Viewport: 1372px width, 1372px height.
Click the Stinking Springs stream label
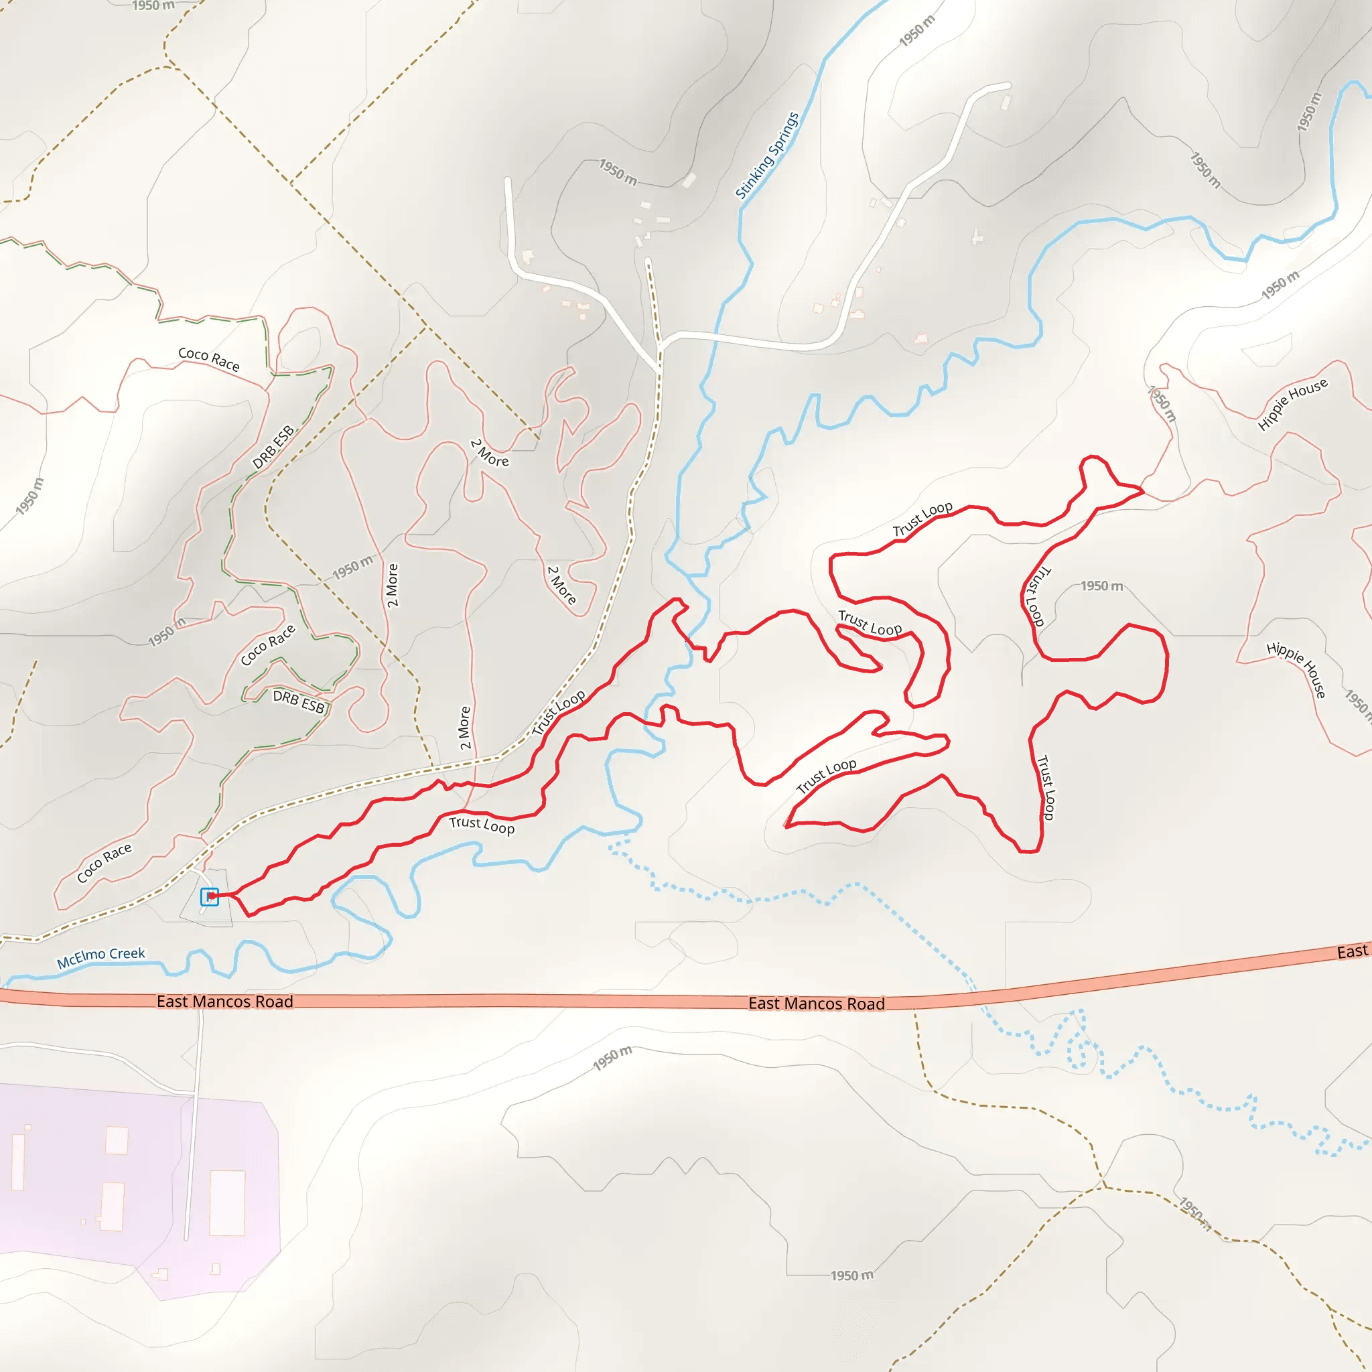point(767,155)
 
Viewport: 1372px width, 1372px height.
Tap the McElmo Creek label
point(101,957)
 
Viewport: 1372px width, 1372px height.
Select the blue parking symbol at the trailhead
point(209,897)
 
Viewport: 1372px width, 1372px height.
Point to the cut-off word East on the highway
point(1351,951)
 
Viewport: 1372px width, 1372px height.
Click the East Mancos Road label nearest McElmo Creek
point(224,1002)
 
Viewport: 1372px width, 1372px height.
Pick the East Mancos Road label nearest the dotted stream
point(816,1004)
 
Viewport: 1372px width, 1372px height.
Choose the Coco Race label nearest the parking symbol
point(105,862)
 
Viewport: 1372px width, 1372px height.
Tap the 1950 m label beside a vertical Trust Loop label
point(1101,586)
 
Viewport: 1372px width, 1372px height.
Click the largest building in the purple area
point(227,1203)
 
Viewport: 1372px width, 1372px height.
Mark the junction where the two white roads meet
point(661,346)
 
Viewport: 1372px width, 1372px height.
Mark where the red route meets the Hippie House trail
point(1143,490)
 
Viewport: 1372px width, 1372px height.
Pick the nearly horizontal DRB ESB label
point(298,702)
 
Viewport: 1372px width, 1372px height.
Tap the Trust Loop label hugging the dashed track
point(559,712)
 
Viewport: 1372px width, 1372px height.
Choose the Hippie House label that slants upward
point(1292,404)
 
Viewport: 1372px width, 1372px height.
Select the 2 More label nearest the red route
point(464,728)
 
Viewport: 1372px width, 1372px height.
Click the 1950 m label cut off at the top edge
point(153,5)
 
